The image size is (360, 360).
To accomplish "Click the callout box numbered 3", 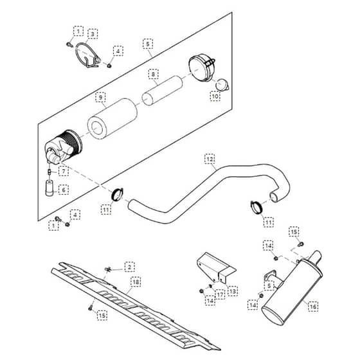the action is [93, 34].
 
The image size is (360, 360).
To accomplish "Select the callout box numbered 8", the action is [153, 74].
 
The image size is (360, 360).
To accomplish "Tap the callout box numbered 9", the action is [100, 97].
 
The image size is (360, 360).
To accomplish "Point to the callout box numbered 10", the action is [215, 96].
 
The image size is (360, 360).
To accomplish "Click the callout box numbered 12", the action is [210, 159].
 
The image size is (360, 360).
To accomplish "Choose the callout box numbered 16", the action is [313, 306].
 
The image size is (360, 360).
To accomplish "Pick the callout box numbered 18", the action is [136, 282].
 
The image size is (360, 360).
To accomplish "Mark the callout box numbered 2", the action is [130, 267].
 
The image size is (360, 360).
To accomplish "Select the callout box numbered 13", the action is [233, 291].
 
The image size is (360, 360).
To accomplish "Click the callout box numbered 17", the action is [220, 294].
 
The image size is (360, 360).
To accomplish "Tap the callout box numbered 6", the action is [64, 190].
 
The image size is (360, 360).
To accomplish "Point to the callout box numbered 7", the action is [64, 171].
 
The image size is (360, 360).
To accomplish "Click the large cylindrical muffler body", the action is [292, 291].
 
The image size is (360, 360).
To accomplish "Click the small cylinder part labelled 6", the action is [50, 188].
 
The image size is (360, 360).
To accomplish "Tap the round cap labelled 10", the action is [222, 85].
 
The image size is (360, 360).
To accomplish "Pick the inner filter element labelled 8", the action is [162, 91].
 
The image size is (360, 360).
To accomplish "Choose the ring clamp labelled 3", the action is [87, 55].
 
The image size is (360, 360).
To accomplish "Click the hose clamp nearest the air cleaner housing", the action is [117, 194].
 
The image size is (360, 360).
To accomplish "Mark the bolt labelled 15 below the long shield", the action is [91, 308].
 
